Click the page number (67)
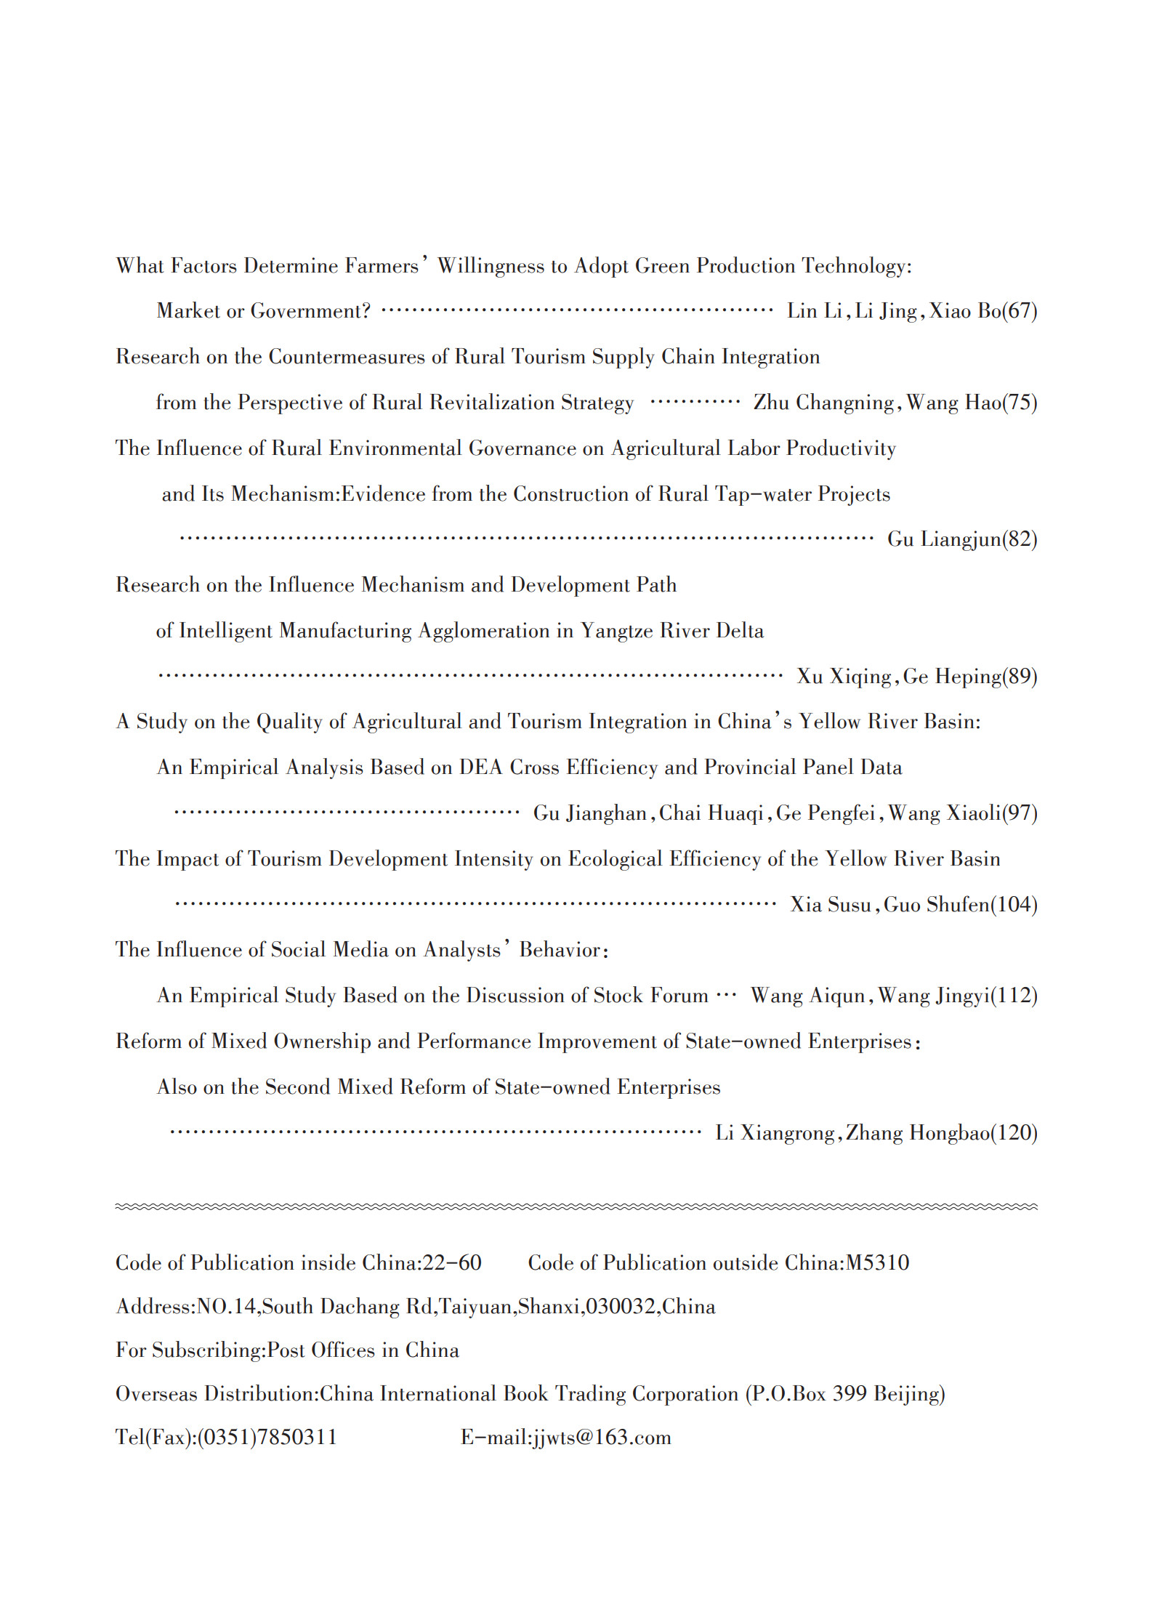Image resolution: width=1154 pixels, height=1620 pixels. pyautogui.click(x=1020, y=311)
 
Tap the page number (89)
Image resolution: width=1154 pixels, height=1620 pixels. pyautogui.click(x=1020, y=677)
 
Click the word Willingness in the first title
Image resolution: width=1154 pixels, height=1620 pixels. pyautogui.click(x=491, y=267)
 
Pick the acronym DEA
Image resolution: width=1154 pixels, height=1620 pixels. pyautogui.click(x=480, y=767)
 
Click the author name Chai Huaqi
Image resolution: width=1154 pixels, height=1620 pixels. pyautogui.click(x=711, y=813)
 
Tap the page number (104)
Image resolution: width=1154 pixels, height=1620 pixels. pyautogui.click(x=1014, y=905)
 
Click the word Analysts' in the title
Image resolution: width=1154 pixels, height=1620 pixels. pyautogui.click(x=466, y=950)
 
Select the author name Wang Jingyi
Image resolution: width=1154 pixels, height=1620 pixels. pyautogui.click(x=933, y=996)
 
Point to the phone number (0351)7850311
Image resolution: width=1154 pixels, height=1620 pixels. pyautogui.click(x=267, y=1437)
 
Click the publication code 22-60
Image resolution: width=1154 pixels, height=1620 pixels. pyautogui.click(x=452, y=1262)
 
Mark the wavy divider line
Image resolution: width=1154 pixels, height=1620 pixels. pyautogui.click(x=576, y=1206)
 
